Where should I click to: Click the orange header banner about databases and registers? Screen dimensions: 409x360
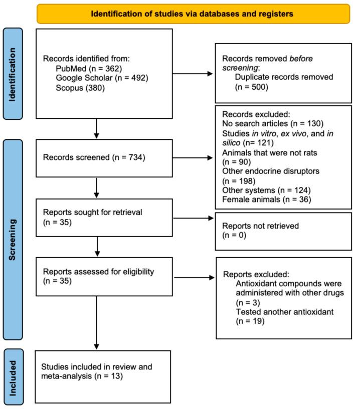pos(193,14)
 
